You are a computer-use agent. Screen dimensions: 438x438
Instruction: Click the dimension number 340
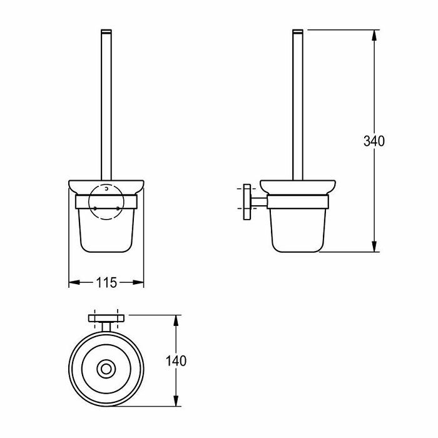pyautogui.click(x=374, y=141)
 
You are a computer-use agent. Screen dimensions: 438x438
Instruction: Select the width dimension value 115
pyautogui.click(x=106, y=283)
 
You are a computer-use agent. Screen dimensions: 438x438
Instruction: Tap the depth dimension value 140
pyautogui.click(x=177, y=360)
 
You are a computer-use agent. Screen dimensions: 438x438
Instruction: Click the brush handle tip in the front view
pyautogui.click(x=106, y=31)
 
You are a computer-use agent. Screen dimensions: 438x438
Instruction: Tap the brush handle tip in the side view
pyautogui.click(x=298, y=31)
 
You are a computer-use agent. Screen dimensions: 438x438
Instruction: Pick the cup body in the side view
pyautogui.click(x=298, y=228)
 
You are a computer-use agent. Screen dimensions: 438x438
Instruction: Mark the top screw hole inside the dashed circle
pyautogui.click(x=107, y=188)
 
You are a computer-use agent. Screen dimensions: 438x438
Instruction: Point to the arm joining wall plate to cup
pyautogui.click(x=258, y=201)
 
